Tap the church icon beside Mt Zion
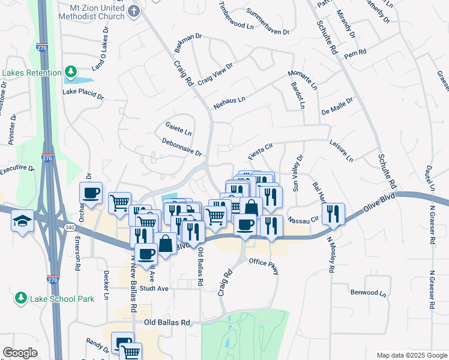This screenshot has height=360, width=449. pos(134,11)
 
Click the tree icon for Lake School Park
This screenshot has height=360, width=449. pos(21,298)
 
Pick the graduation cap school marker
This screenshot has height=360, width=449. pos(22,220)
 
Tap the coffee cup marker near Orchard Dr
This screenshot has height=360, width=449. pos(91,193)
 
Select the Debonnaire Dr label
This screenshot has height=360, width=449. pos(181,147)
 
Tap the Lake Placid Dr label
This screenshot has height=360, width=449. pos(83,94)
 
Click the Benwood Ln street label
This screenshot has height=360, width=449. pos(368,293)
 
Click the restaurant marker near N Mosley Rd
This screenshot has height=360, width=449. pos(333,213)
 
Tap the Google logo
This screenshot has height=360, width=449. pos(20,353)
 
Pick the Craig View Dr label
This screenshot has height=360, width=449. pos(214,74)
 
